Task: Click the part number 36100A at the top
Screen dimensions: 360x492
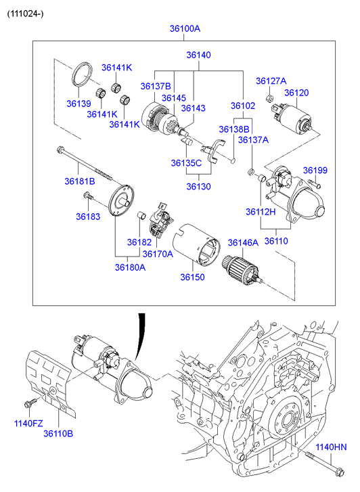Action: (x=185, y=28)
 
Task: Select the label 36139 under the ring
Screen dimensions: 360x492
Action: (x=78, y=104)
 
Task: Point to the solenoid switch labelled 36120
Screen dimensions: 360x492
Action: (x=292, y=118)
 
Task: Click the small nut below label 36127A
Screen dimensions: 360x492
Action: (x=269, y=98)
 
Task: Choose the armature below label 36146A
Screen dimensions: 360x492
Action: (x=242, y=271)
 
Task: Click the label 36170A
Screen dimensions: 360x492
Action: (x=158, y=254)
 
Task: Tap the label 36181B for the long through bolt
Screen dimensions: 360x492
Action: (x=80, y=181)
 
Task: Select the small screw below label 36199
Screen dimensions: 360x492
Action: (x=314, y=183)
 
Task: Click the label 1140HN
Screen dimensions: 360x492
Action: (x=331, y=447)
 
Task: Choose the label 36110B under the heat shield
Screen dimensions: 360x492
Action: (x=58, y=433)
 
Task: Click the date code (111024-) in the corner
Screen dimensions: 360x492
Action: (x=26, y=14)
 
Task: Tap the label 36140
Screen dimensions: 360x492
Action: (x=199, y=55)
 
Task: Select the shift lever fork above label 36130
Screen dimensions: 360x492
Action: (x=214, y=150)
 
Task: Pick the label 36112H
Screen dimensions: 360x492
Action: (x=261, y=212)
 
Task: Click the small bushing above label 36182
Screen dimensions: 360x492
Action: (x=142, y=216)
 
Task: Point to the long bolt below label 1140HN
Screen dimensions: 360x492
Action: (x=325, y=463)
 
